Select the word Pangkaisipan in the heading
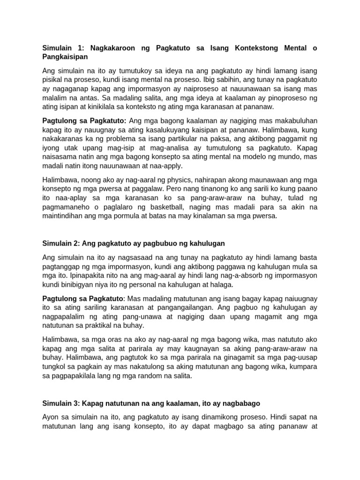[65, 57]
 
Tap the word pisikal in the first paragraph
[54, 80]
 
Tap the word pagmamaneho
[66, 207]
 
